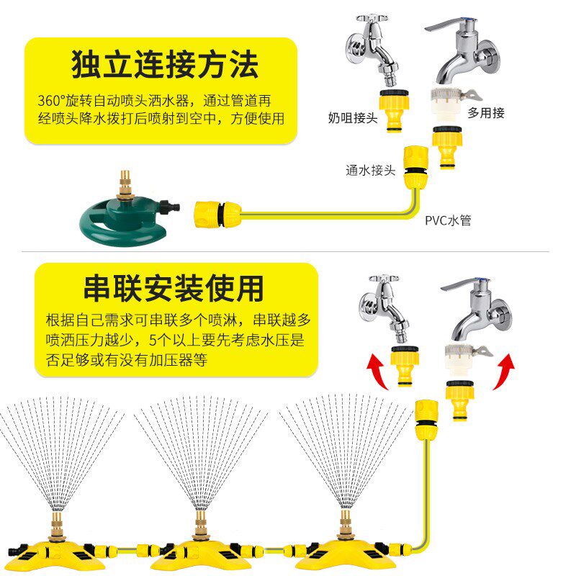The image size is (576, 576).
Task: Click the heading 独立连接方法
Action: tap(164, 65)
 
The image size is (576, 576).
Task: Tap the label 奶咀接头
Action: tap(353, 117)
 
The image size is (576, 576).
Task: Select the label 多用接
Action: tap(486, 112)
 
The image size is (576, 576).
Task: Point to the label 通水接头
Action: tap(370, 171)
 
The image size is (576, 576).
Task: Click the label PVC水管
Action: tap(448, 220)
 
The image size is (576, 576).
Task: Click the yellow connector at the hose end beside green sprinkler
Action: tap(215, 213)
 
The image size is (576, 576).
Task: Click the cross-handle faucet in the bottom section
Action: tap(390, 306)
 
